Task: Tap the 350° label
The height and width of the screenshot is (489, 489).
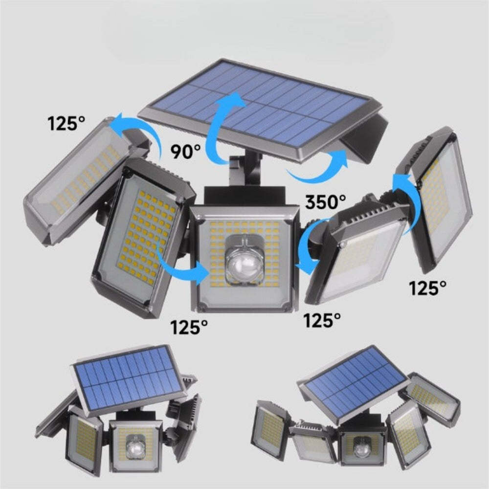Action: click(326, 201)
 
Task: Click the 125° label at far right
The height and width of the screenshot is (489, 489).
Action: click(428, 288)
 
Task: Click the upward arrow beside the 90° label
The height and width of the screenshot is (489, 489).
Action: click(220, 127)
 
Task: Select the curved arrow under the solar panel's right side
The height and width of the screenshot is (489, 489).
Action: click(318, 169)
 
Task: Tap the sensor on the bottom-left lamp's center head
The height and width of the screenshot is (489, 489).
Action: click(134, 447)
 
